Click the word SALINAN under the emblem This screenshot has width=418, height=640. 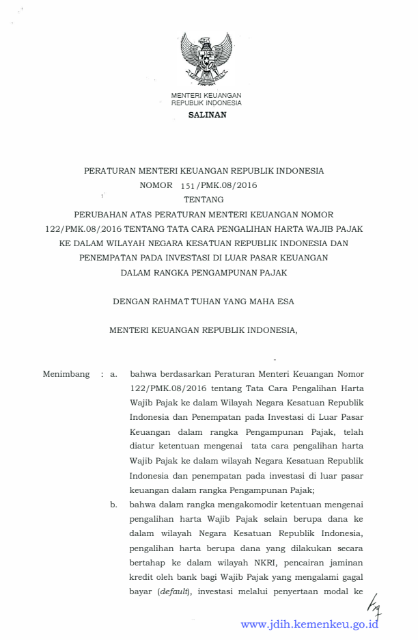(207, 115)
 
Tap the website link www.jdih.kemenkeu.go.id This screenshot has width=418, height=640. (309, 624)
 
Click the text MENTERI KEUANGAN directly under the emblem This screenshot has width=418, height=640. (206, 95)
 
